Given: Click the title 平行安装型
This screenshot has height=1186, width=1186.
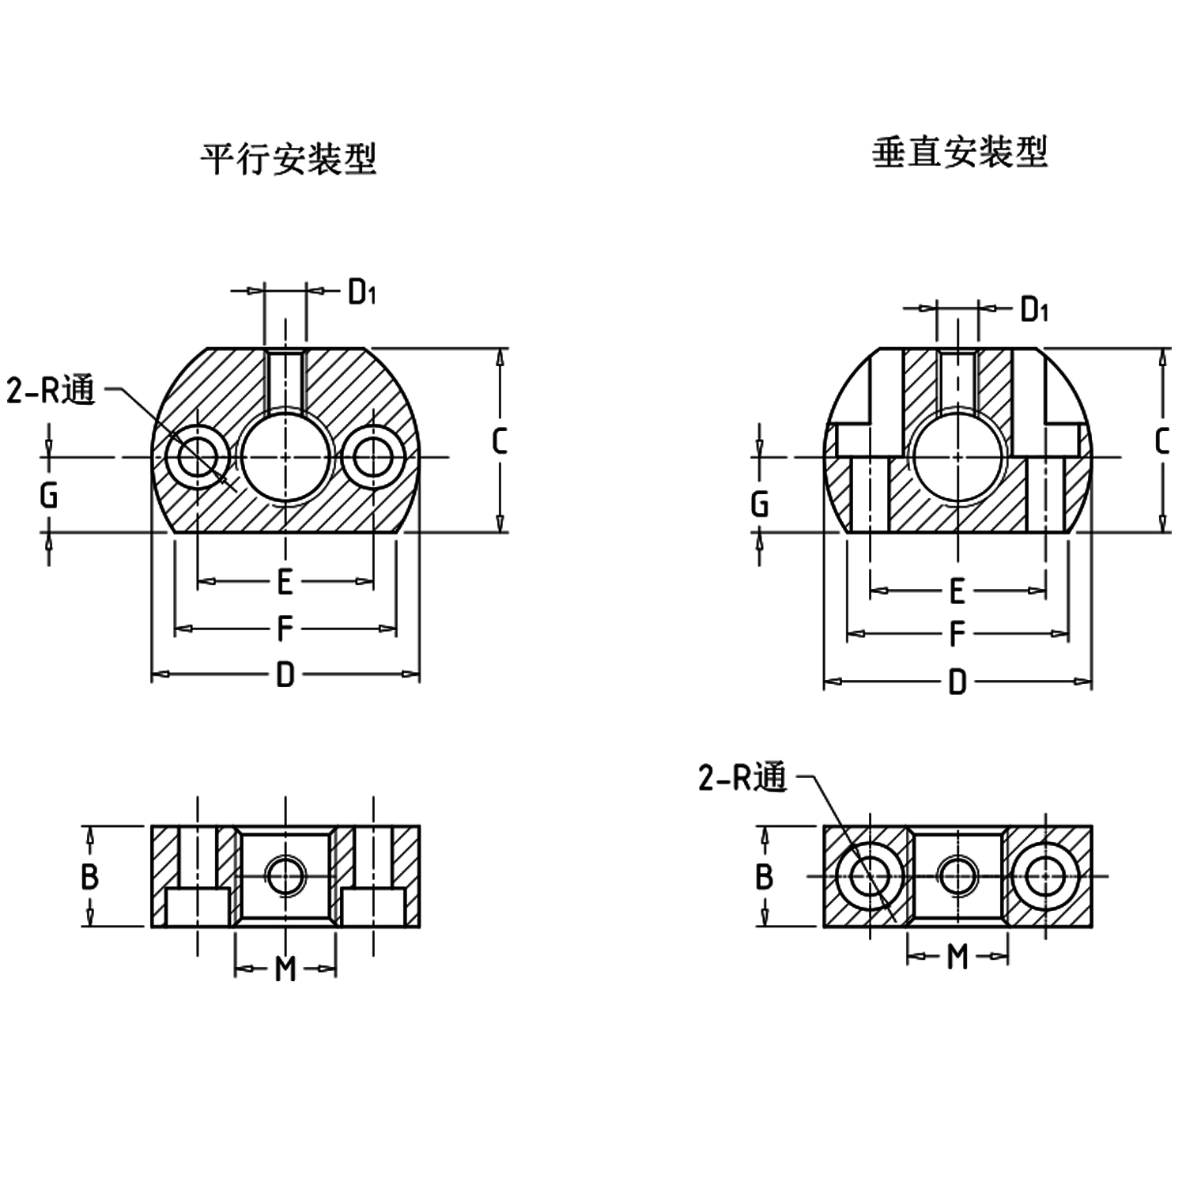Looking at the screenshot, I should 288,159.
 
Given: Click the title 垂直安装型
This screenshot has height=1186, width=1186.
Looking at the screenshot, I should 960,152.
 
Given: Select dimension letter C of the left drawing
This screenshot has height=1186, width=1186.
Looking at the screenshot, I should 499,441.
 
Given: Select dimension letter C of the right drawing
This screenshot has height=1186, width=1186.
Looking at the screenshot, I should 1161,441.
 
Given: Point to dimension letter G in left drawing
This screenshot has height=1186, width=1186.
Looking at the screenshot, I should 49,497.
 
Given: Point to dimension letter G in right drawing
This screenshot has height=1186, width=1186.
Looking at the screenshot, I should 760,504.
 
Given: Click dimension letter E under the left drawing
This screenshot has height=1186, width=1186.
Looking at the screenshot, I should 285,583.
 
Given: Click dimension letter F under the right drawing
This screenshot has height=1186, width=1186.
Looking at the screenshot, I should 957,634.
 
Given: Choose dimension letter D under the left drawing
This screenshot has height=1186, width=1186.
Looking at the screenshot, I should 285,675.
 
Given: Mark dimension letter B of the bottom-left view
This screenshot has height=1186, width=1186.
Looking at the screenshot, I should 90,877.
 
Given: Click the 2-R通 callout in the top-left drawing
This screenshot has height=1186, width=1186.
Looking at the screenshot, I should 51,391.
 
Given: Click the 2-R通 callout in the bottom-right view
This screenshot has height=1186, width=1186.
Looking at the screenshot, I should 742,778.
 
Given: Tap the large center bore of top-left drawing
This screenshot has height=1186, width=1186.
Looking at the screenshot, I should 285,457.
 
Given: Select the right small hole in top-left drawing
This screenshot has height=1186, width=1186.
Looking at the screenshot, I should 373,457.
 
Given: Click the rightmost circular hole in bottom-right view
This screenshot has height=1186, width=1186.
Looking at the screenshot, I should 1047,876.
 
